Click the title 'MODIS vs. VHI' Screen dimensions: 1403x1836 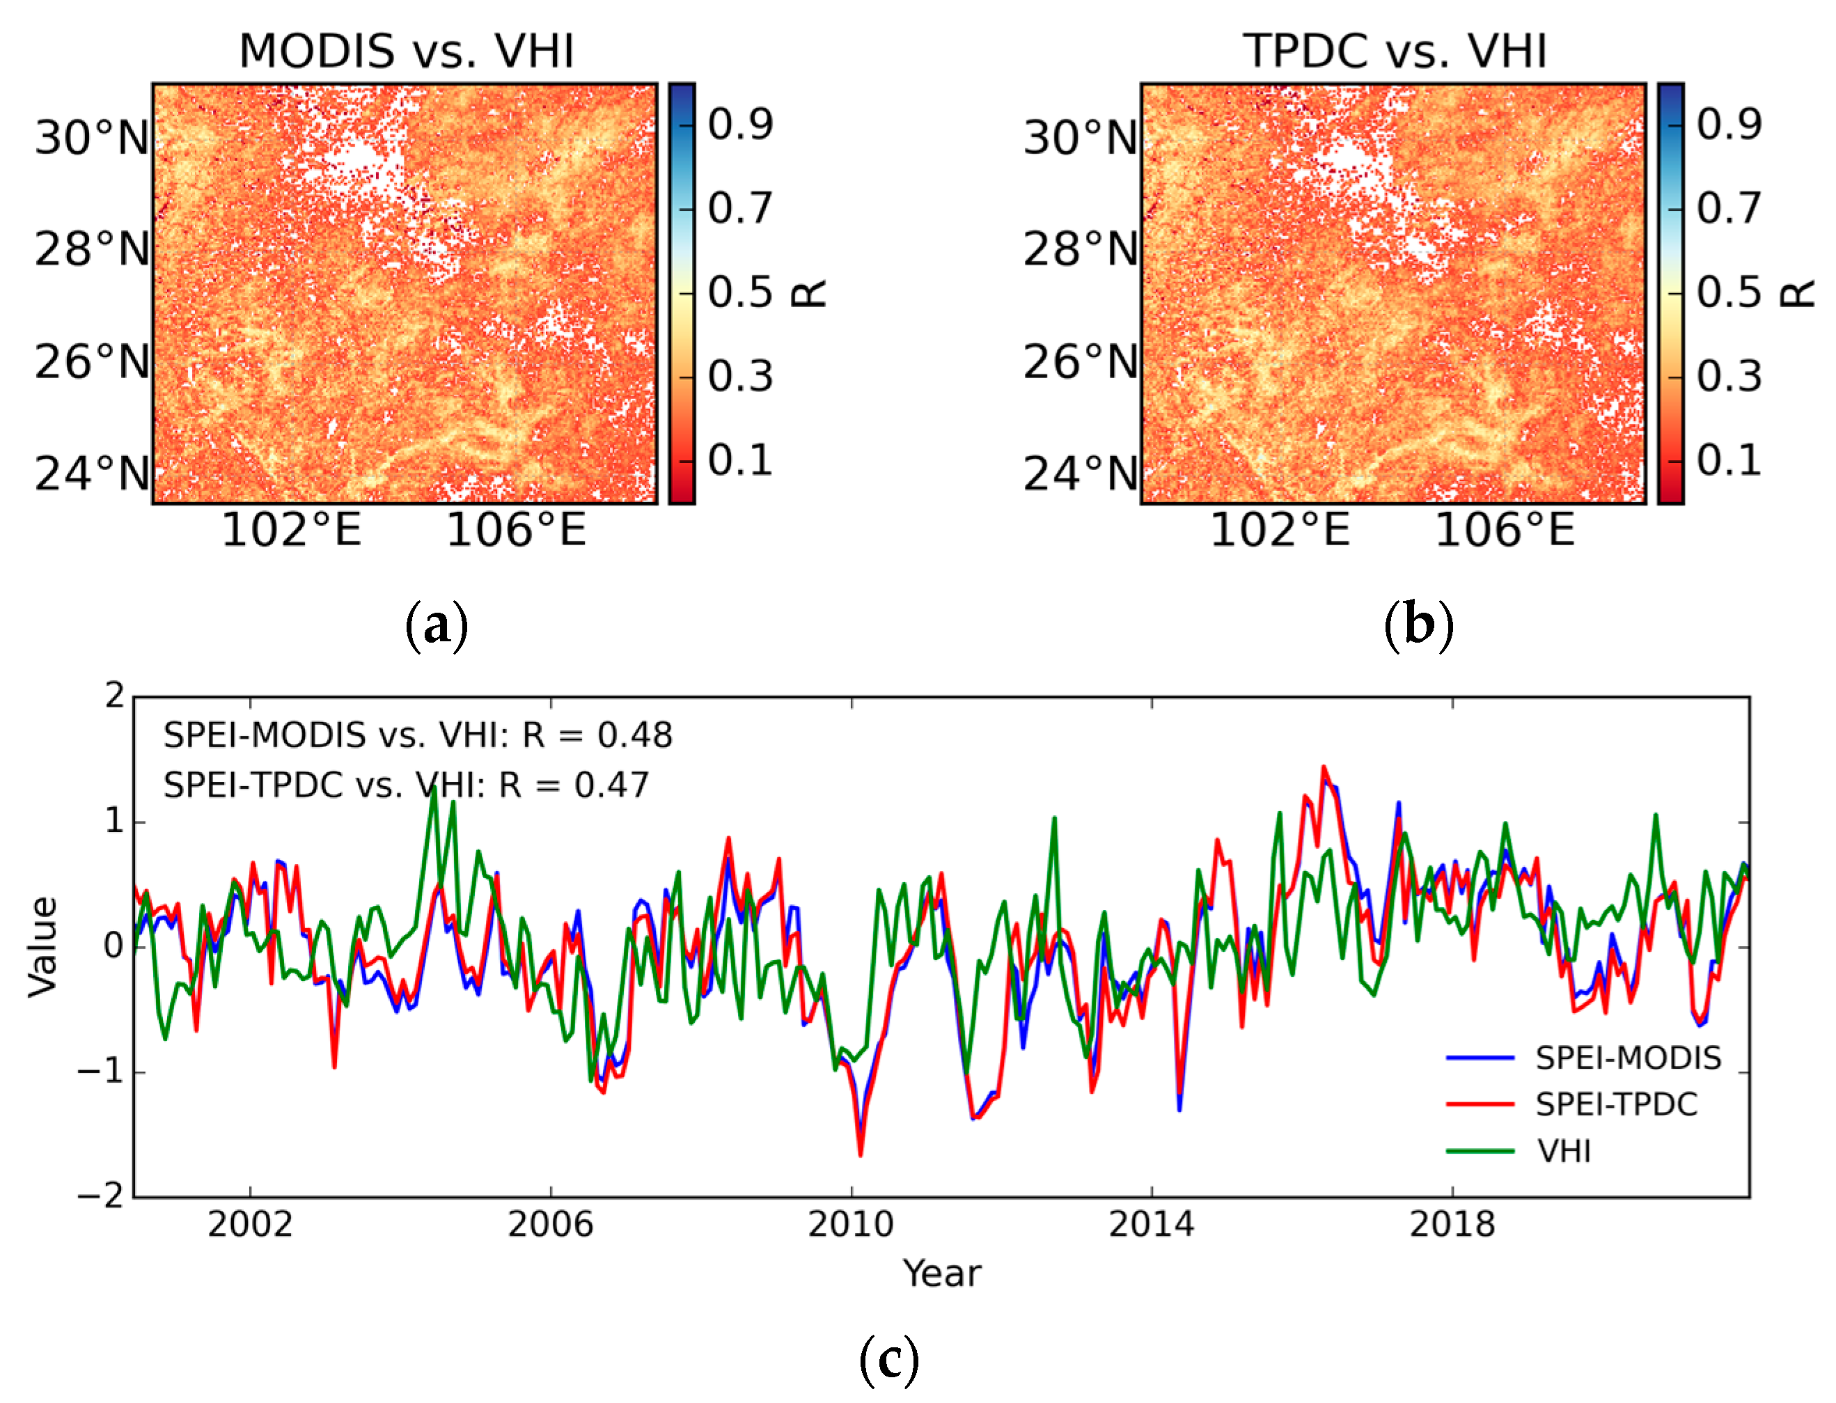[x=407, y=52]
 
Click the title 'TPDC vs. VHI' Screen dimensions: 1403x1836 [x=1395, y=52]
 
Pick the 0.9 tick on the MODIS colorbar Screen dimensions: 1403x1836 [x=739, y=125]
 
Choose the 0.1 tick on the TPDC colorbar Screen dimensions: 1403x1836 [x=1728, y=460]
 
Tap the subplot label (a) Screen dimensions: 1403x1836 [x=436, y=625]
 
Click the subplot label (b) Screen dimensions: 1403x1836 [x=1418, y=625]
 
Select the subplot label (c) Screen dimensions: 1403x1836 [x=888, y=1358]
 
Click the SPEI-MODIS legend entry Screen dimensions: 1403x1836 [x=1627, y=1058]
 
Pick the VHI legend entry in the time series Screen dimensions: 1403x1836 [x=1564, y=1152]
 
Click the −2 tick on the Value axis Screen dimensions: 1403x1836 [x=100, y=1196]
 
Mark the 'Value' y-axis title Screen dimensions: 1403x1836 [x=42, y=947]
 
